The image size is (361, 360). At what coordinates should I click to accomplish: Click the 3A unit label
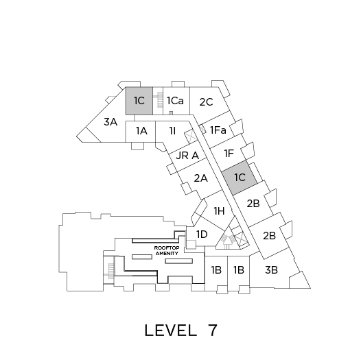(110, 122)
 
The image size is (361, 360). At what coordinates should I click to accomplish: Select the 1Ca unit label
(175, 101)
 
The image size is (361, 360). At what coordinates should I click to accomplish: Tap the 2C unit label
(206, 102)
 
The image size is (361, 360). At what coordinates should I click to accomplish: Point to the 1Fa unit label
(218, 130)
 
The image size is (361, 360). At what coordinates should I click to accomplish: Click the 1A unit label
(141, 131)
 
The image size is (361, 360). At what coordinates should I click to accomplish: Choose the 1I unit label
(172, 131)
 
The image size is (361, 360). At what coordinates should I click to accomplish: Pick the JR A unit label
(187, 156)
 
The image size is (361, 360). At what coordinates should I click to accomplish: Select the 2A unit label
(201, 178)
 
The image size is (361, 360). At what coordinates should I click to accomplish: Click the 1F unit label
(229, 154)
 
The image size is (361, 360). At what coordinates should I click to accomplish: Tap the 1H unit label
(219, 211)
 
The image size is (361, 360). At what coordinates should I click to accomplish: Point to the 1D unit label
(202, 235)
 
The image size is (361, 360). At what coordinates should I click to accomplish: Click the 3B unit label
(271, 270)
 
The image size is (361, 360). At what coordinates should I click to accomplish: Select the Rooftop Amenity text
(167, 251)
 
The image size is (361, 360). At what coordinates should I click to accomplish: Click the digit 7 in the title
(212, 331)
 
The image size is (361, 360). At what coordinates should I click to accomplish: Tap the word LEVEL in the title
(171, 331)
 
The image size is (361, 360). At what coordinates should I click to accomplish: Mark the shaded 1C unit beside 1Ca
(139, 101)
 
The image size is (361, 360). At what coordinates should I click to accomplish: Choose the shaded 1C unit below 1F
(240, 178)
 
